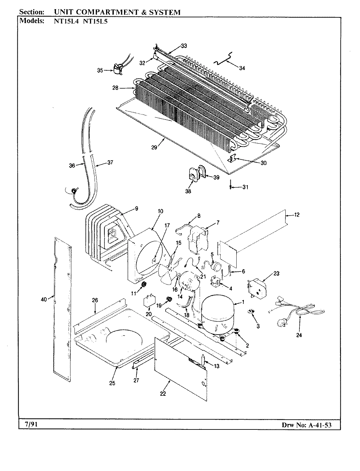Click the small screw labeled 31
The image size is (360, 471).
pos(231,187)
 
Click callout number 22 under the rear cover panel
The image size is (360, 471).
pos(163,394)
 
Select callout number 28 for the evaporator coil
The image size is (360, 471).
pos(115,88)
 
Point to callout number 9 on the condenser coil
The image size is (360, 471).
pos(136,208)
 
